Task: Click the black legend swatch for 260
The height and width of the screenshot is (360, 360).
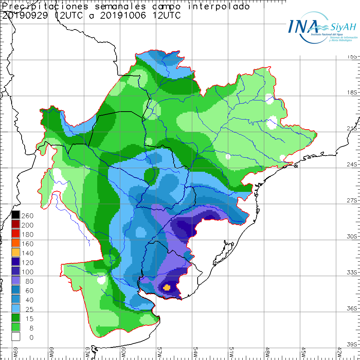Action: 15,215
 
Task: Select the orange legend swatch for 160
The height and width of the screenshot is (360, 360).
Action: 15,243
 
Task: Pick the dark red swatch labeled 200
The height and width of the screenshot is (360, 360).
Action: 15,225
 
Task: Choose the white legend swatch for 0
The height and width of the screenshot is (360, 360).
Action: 15,337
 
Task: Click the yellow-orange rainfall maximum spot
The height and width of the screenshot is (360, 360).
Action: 167,287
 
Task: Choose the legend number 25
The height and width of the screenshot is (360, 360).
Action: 27,309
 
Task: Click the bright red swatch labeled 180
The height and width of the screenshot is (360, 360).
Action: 15,234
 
